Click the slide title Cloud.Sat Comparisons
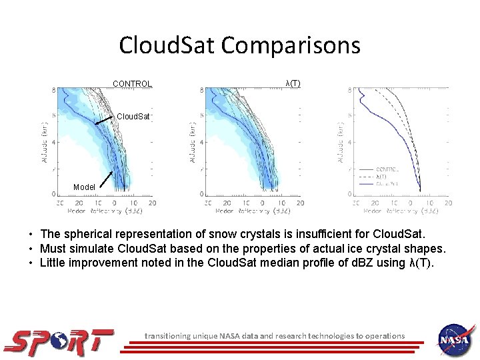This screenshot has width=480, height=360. tap(239, 45)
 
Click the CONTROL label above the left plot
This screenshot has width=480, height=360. tap(132, 84)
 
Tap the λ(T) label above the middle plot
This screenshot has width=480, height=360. tap(293, 83)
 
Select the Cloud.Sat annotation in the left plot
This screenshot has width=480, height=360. tap(134, 117)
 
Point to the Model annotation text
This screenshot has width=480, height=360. tap(84, 187)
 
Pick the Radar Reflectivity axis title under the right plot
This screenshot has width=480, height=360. tap(402, 211)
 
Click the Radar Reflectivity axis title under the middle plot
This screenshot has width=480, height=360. tap(254, 211)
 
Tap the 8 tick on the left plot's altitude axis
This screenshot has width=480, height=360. tap(54, 90)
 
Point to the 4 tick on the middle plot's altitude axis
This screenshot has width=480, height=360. tap(202, 141)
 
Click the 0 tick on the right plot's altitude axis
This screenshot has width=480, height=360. tap(351, 194)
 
